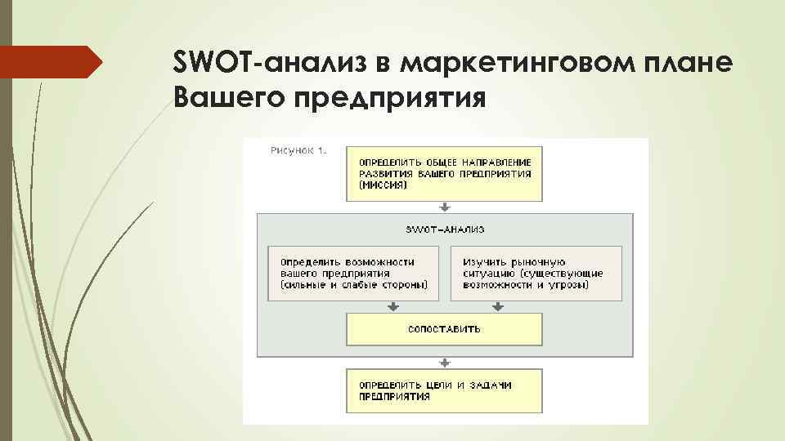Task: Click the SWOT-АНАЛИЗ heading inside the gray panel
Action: [x=445, y=229]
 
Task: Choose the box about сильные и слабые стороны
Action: [x=352, y=273]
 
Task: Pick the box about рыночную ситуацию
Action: [x=536, y=273]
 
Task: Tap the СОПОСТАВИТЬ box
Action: [x=445, y=329]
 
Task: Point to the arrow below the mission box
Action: [x=445, y=207]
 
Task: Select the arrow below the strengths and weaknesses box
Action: [x=393, y=307]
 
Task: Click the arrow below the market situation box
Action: [x=498, y=307]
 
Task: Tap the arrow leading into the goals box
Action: [x=445, y=363]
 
